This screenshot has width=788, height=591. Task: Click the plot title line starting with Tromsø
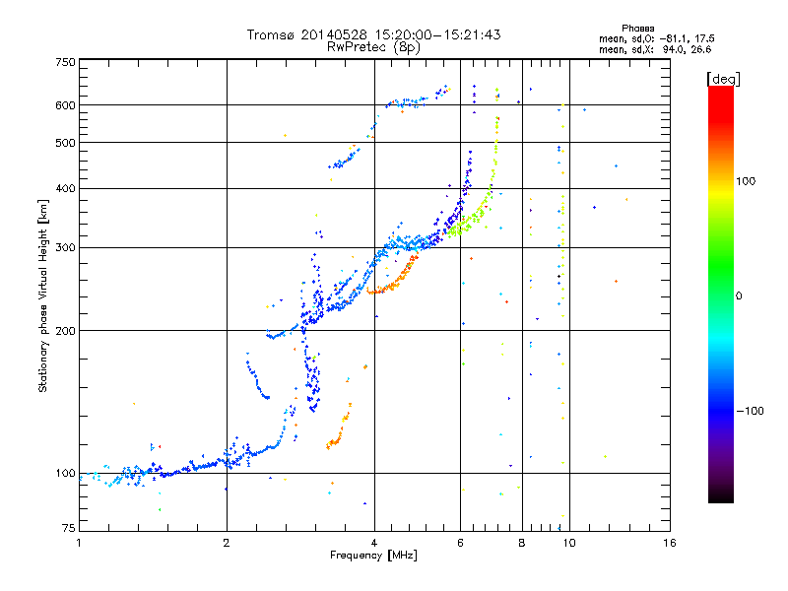click(x=373, y=34)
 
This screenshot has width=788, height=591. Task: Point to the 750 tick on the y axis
click(x=65, y=62)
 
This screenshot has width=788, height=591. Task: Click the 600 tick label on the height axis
click(x=65, y=105)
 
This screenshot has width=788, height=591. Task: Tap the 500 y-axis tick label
click(x=65, y=143)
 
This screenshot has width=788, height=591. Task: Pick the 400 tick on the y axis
click(x=65, y=188)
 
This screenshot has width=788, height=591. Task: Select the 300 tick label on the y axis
click(x=65, y=247)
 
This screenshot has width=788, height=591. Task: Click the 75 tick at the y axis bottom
click(x=67, y=530)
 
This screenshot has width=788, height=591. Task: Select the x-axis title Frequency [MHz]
click(x=373, y=556)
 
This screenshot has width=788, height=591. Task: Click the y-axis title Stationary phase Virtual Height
click(x=43, y=295)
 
